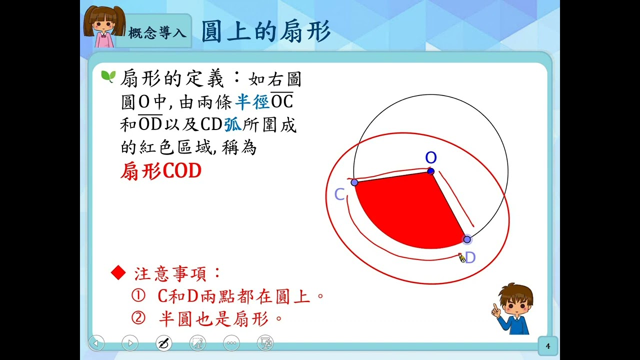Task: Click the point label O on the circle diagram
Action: [431, 157]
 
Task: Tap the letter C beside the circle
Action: [339, 194]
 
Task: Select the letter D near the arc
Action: [470, 257]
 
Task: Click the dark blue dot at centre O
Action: [431, 171]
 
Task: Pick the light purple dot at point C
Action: [354, 182]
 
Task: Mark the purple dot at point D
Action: [467, 239]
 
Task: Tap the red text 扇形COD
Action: [161, 171]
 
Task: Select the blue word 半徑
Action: [252, 102]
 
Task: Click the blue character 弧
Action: [233, 125]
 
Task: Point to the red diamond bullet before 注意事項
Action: [118, 272]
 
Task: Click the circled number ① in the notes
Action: [138, 295]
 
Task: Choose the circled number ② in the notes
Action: [138, 317]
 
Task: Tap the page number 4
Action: [547, 346]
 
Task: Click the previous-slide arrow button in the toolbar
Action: [96, 343]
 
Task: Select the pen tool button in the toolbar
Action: [163, 343]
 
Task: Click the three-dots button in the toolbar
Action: [231, 343]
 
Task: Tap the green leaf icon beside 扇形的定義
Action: [108, 76]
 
